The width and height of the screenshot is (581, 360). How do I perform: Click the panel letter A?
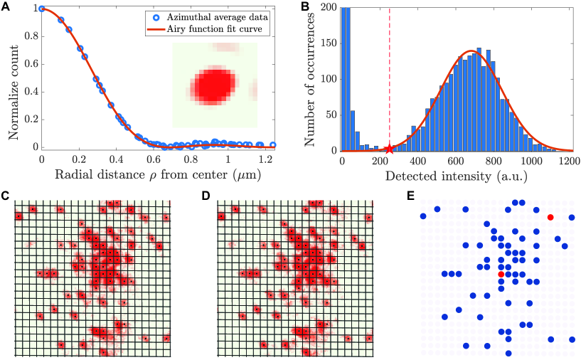(x=6, y=8)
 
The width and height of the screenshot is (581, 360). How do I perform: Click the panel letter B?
(x=305, y=8)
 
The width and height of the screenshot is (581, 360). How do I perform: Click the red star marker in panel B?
(x=389, y=149)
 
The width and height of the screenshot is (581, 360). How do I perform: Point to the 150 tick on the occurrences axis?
(x=328, y=43)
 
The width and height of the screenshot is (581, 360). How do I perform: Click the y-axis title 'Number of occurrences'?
(x=310, y=80)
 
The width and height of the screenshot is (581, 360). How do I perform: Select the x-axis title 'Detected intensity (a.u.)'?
(x=456, y=175)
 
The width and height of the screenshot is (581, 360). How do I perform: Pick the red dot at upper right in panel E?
(x=550, y=216)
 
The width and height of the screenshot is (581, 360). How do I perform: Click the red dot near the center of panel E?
(x=501, y=274)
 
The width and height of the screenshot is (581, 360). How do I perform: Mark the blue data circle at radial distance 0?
(x=42, y=9)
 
